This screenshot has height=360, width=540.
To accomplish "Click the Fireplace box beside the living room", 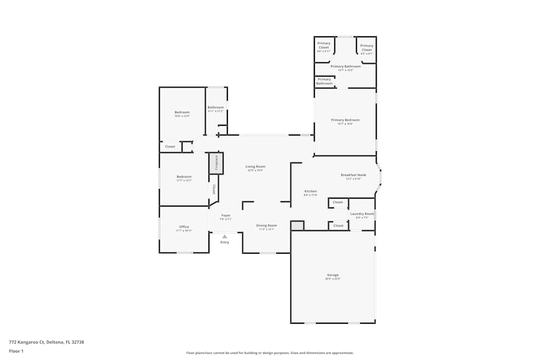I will point(216,163).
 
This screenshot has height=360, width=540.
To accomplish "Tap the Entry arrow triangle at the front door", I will point(225,236).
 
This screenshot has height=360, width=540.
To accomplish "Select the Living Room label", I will point(255,167).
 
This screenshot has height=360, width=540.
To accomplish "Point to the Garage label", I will point(333,275).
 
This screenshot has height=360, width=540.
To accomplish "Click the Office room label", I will point(184,227).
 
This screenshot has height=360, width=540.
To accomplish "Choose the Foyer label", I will point(226,215).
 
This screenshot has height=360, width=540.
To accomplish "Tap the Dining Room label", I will point(266,226).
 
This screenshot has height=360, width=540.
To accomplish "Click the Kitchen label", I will point(310,192).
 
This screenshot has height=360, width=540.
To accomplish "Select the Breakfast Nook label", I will point(353,175).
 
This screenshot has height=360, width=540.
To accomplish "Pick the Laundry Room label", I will point(362,214).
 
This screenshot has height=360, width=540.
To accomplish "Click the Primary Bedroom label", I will point(345,120).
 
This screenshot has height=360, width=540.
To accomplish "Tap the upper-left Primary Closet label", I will point(324,45).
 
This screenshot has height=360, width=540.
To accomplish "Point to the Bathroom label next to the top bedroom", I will point(215,107).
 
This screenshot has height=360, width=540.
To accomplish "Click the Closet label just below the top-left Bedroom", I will point(170,147).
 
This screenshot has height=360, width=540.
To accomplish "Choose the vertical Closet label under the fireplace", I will point(214,189).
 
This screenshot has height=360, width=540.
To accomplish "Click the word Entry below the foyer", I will point(225,242).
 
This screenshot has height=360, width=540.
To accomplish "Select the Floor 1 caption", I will point(16,351).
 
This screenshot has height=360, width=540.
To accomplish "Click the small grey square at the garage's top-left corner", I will point(298,226).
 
